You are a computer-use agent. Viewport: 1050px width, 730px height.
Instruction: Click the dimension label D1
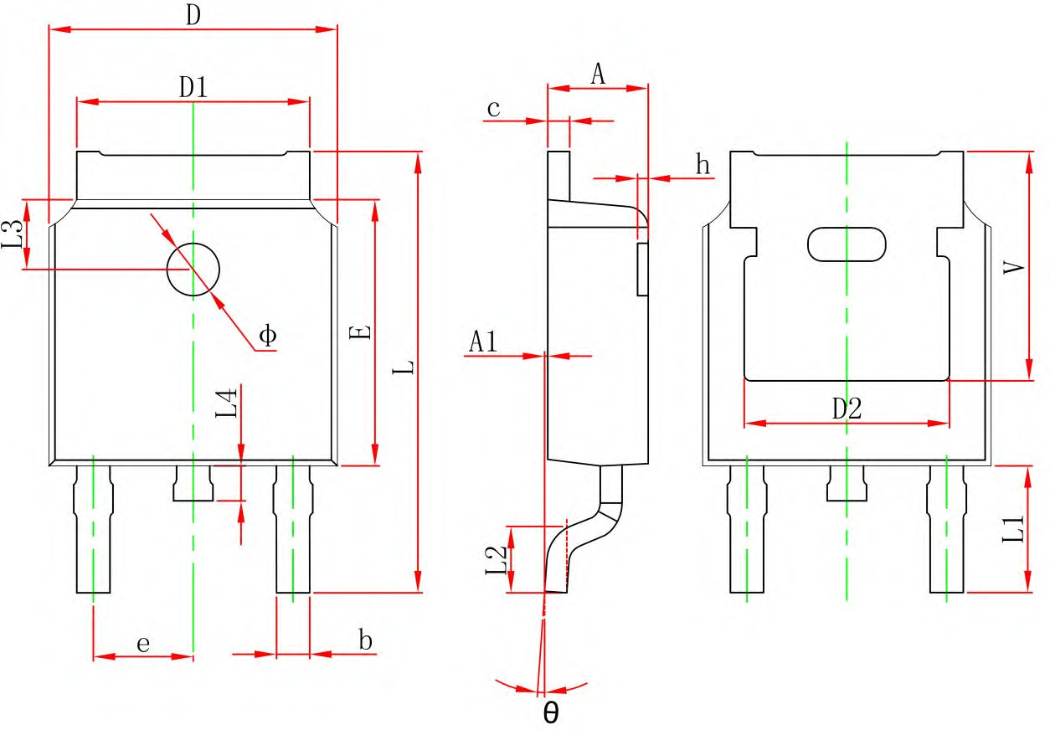click(193, 88)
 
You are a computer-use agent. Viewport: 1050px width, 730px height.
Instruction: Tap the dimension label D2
click(847, 409)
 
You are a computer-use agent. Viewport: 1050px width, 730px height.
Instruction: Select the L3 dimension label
click(12, 234)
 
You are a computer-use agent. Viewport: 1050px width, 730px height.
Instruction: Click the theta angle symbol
click(551, 712)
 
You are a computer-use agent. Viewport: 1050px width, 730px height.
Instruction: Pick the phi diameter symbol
click(268, 335)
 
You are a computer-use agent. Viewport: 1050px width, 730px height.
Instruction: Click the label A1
click(483, 341)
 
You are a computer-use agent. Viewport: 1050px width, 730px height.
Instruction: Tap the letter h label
click(703, 165)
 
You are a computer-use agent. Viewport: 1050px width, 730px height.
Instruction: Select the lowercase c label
click(493, 109)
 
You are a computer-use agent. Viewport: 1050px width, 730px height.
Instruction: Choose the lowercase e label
click(143, 645)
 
